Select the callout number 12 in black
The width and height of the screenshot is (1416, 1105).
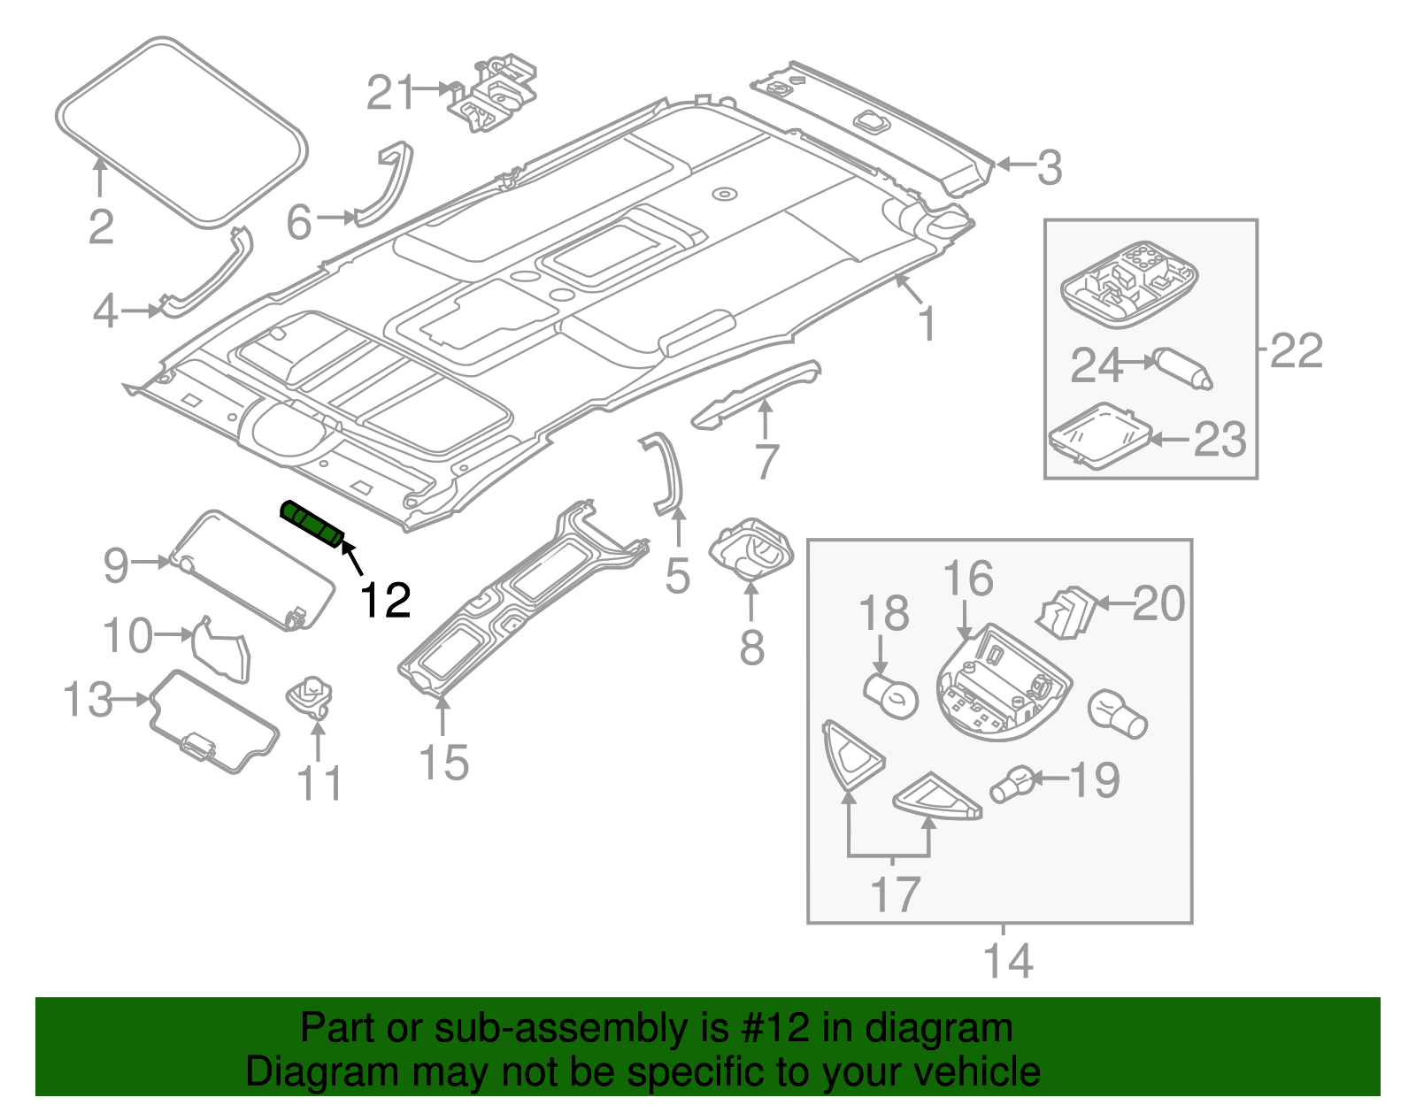(x=385, y=602)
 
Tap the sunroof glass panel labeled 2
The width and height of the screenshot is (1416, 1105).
(x=181, y=130)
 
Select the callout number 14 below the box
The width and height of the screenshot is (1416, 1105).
(x=1008, y=960)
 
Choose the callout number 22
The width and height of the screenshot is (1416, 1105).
(x=1297, y=350)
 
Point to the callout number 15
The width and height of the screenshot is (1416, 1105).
(x=443, y=763)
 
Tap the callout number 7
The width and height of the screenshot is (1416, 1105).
(x=766, y=462)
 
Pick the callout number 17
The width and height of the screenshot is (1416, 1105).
(x=896, y=894)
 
